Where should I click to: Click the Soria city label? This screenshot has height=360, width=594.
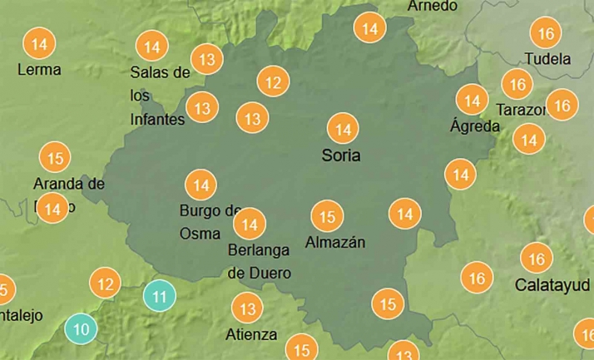[341, 155]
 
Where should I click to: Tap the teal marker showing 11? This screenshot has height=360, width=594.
[159, 296]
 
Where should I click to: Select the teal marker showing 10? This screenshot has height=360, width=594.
[82, 329]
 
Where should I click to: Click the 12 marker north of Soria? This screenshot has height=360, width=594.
[273, 81]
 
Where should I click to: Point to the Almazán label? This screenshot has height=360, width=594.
[335, 242]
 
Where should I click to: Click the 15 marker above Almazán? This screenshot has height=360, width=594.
[327, 217]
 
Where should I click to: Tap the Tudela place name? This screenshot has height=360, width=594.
[547, 59]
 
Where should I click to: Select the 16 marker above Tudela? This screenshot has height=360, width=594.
[546, 34]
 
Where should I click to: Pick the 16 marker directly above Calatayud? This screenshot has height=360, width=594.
[537, 259]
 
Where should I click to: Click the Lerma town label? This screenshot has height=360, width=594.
[39, 70]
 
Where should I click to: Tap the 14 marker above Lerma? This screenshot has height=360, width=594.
[37, 42]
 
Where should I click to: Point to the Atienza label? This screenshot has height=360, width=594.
[251, 334]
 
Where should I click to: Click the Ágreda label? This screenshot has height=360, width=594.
[475, 126]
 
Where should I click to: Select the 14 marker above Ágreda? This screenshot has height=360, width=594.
[473, 101]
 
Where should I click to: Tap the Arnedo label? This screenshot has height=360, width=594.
[433, 7]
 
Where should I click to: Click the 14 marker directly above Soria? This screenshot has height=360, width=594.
[342, 128]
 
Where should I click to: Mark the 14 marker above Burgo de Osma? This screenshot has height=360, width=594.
[200, 184]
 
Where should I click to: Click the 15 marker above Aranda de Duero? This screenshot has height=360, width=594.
[55, 157]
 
